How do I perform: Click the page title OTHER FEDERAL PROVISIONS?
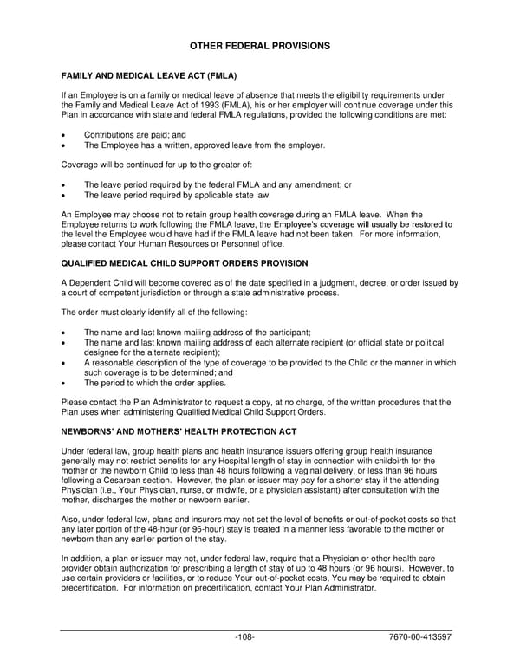259,44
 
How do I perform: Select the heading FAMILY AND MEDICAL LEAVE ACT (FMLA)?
148,75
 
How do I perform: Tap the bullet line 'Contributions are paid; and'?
134,135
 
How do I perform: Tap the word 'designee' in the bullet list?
102,352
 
